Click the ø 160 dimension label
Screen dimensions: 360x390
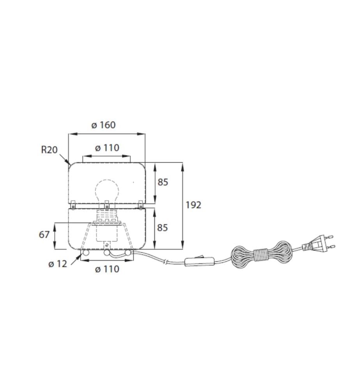[103, 125]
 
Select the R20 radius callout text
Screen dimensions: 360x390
[49, 150]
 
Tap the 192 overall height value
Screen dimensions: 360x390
[193, 205]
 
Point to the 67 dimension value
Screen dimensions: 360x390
[44, 234]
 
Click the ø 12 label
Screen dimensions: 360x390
[58, 264]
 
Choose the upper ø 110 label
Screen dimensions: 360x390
[107, 148]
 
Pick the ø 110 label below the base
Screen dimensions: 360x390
[107, 269]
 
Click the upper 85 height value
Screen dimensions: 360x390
[163, 182]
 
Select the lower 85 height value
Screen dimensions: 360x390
[163, 228]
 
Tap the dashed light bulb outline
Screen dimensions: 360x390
[107, 191]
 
